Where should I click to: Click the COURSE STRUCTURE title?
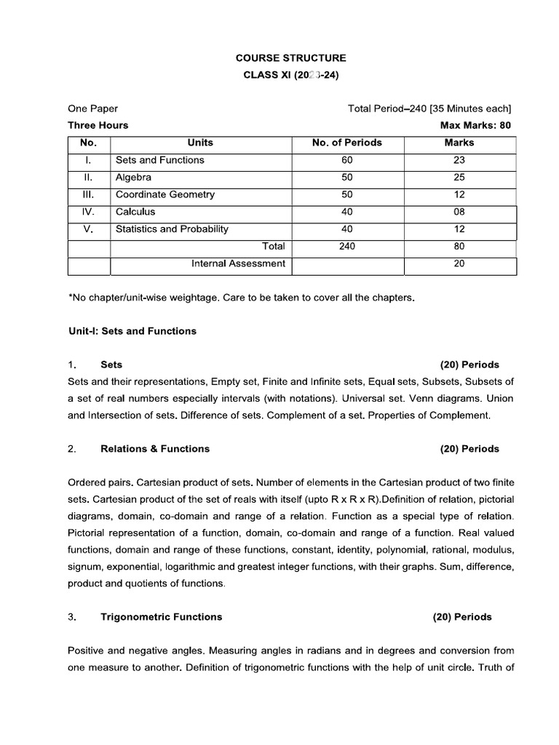point(291,58)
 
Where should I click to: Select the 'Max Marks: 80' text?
point(475,125)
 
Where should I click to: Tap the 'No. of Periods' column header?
point(346,143)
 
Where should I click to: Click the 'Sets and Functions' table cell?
point(159,160)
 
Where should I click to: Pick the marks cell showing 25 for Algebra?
point(459,178)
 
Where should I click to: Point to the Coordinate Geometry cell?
point(165,195)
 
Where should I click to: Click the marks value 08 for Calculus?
point(459,212)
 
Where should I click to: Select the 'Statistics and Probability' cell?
point(172,229)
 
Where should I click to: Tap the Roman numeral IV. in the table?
point(88,212)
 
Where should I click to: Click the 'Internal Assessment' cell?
point(238,263)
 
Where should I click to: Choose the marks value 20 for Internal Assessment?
point(459,263)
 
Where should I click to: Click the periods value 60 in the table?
point(346,160)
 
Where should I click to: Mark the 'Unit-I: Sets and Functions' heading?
point(132,331)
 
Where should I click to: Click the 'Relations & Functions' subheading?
point(154,449)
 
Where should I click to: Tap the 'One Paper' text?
point(93,108)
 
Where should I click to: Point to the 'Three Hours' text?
point(98,125)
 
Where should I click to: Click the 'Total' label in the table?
point(274,247)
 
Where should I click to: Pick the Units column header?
point(200,143)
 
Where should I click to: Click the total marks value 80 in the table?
point(459,247)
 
